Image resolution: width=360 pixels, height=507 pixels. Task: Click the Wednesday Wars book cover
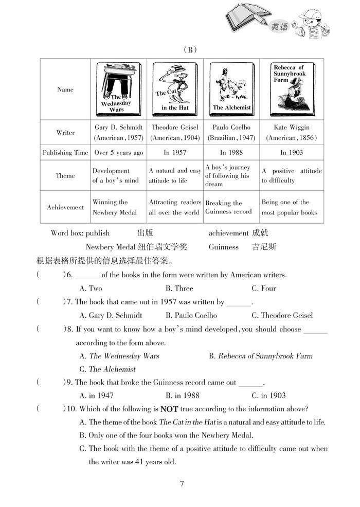(x=117, y=89)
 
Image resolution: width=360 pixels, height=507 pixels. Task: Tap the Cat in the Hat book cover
(x=174, y=89)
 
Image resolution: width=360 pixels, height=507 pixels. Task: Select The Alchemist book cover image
(x=231, y=89)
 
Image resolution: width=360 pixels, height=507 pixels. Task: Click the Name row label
(x=65, y=89)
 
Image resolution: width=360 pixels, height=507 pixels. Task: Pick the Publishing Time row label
(x=65, y=153)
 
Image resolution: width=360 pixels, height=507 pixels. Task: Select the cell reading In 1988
(x=231, y=153)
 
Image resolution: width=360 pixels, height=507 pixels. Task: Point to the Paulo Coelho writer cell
(x=231, y=132)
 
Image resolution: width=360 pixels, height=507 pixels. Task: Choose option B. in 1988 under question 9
(x=182, y=395)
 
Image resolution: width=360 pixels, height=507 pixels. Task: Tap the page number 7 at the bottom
(x=182, y=484)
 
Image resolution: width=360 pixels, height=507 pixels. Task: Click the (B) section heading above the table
(x=190, y=50)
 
